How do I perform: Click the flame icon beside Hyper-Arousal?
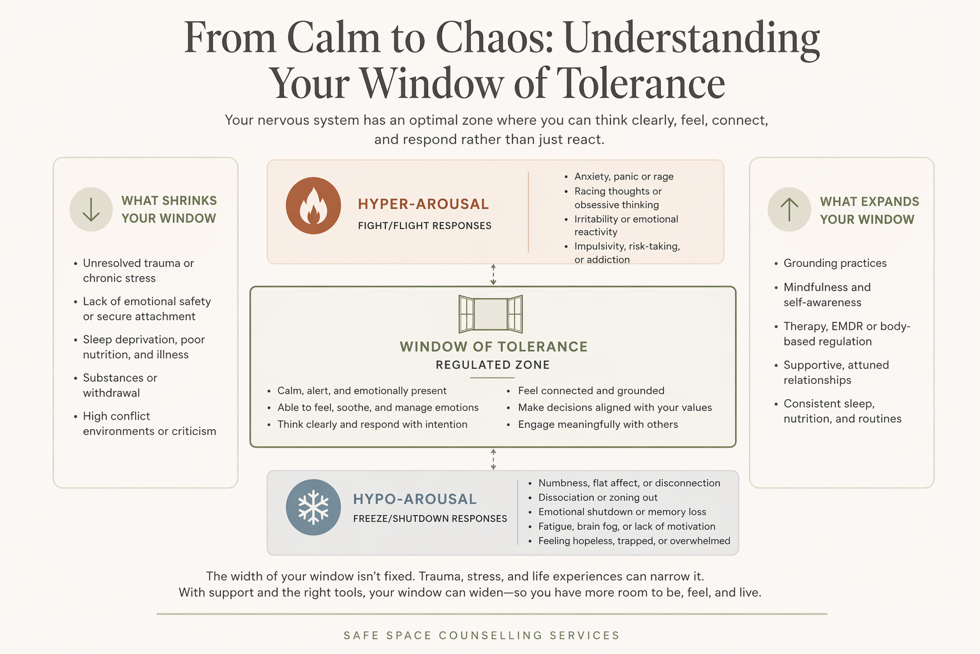point(313,206)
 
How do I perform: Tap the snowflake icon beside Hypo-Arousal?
point(313,507)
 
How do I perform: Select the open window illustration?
point(491,314)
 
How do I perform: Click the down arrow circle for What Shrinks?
point(91,209)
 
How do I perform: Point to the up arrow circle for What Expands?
point(789,209)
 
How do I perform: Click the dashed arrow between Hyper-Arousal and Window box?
point(493,275)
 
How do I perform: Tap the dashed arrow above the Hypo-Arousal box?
point(493,459)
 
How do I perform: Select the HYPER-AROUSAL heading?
point(423,204)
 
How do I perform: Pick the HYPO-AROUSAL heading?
point(415,499)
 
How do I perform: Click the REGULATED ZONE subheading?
point(493,365)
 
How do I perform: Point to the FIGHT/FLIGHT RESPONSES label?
point(424,225)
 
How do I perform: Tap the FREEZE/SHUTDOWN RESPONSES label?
point(430,519)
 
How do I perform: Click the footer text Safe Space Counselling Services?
point(482,635)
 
